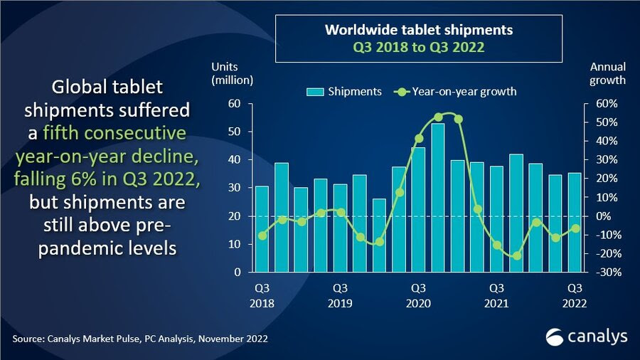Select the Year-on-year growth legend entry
pyautogui.click(x=454, y=91)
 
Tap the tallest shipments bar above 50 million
pyautogui.click(x=438, y=197)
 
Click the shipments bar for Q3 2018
pyautogui.click(x=262, y=228)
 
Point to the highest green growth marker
pyautogui.click(x=438, y=117)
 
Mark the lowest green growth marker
pyautogui.click(x=516, y=255)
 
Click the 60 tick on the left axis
pyautogui.click(x=235, y=104)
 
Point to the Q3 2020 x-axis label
pyautogui.click(x=418, y=295)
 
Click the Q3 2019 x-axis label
pyautogui.click(x=340, y=295)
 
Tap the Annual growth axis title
pyautogui.click(x=608, y=73)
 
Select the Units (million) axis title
pyautogui.click(x=232, y=73)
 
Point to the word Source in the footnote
pyautogui.click(x=28, y=339)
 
